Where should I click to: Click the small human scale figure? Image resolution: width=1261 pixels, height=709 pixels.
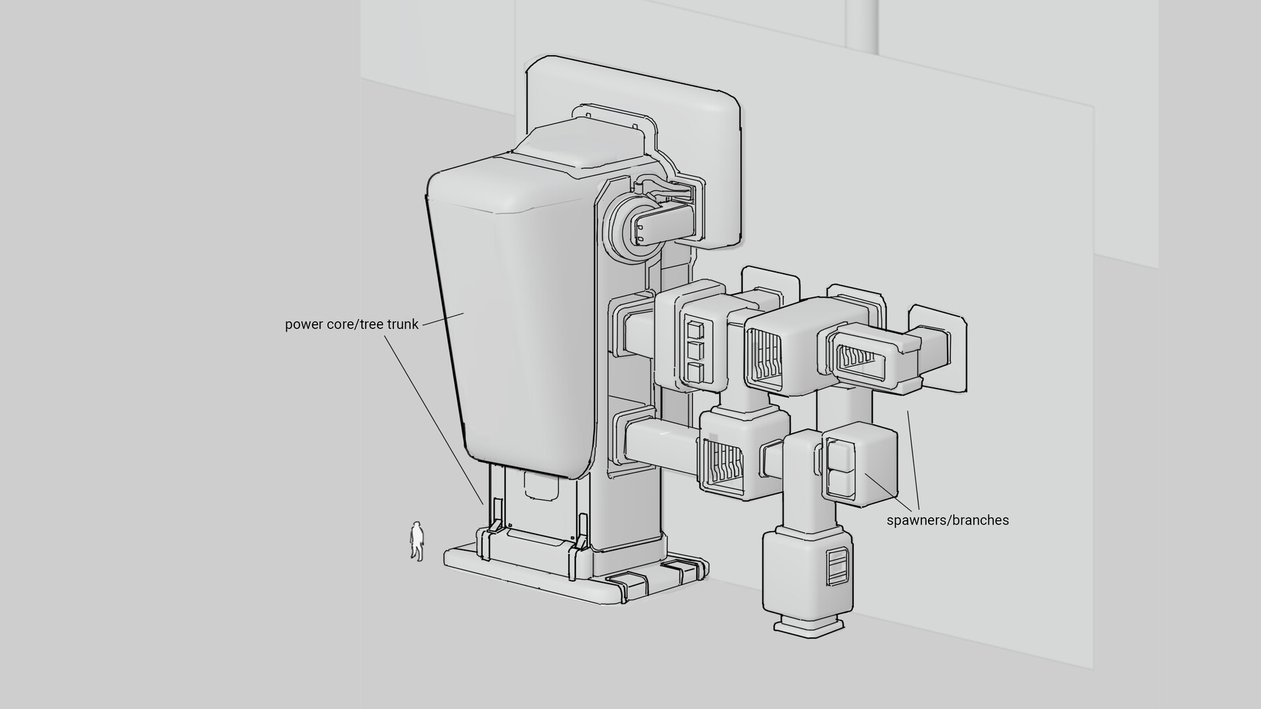click(x=416, y=542)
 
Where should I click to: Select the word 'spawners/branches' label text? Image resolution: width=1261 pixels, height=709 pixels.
click(x=948, y=521)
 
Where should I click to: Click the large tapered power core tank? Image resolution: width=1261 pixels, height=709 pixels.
click(x=512, y=322)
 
